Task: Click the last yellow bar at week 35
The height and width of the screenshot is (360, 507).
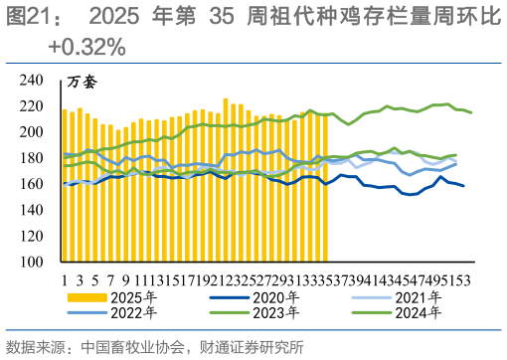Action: [325, 188]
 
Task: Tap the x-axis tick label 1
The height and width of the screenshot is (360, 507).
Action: [65, 277]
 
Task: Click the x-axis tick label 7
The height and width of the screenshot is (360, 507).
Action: [110, 277]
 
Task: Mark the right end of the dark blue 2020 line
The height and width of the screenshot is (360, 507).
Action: [463, 186]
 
